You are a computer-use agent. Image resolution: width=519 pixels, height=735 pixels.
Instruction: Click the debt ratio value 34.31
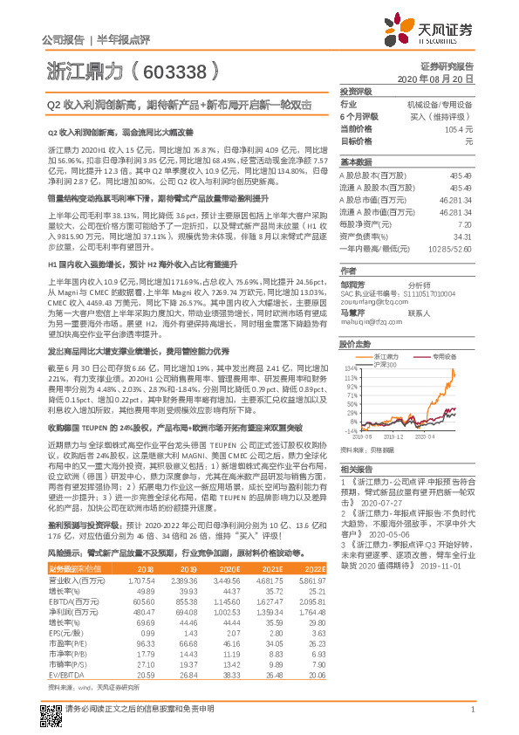463,236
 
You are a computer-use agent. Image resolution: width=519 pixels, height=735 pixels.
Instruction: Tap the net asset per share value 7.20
466,224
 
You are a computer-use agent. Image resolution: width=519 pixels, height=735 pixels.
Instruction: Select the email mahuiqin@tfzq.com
367,320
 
